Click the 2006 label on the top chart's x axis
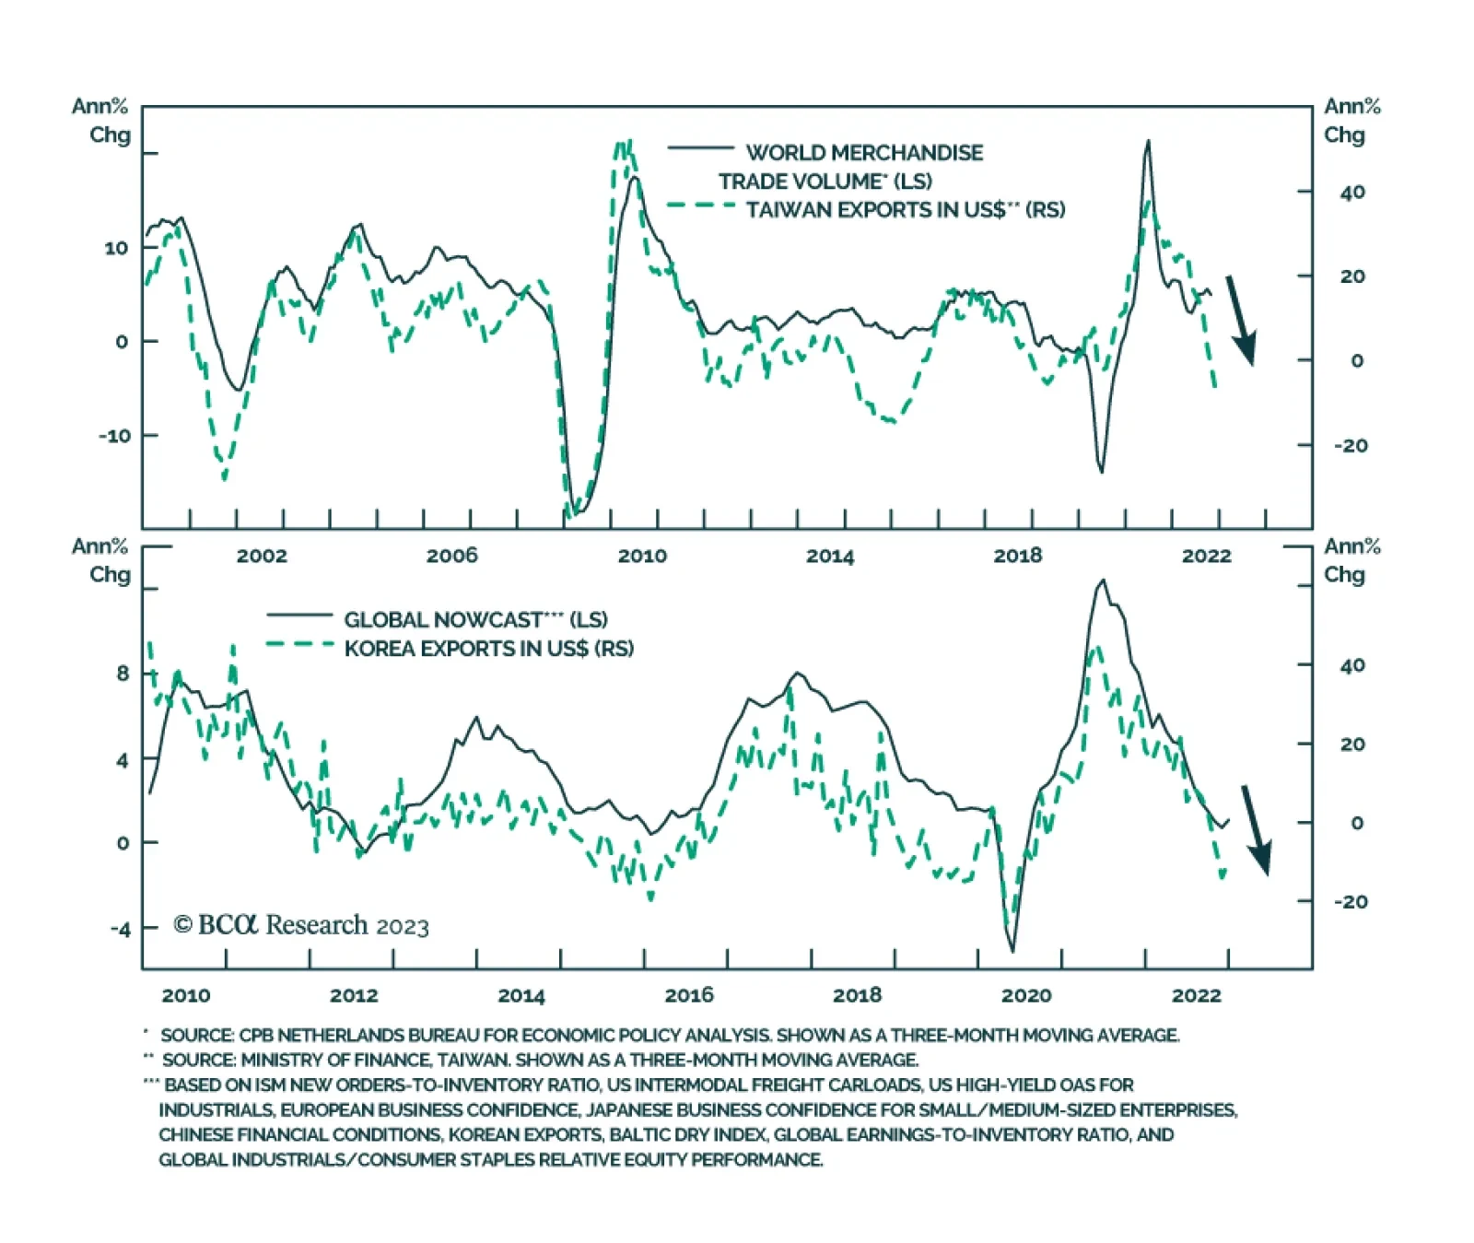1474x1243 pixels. [451, 555]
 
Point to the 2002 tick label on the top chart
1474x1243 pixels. [262, 556]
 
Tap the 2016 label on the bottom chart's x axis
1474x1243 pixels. [689, 995]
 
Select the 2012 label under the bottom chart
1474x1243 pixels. [354, 995]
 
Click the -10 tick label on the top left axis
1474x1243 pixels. [115, 435]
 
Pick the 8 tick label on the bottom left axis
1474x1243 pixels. [123, 674]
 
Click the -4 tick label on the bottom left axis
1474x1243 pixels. [120, 929]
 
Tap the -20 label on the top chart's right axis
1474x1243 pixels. [1351, 445]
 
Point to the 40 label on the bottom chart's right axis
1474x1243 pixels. [1352, 665]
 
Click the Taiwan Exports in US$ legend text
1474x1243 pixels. [905, 210]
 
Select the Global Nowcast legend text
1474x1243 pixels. [475, 619]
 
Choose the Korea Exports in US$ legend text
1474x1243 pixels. [488, 649]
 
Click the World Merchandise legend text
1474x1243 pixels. [863, 153]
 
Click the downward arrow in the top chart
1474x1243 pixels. [1241, 320]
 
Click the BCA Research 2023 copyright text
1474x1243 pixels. [301, 925]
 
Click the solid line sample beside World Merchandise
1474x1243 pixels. [700, 148]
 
